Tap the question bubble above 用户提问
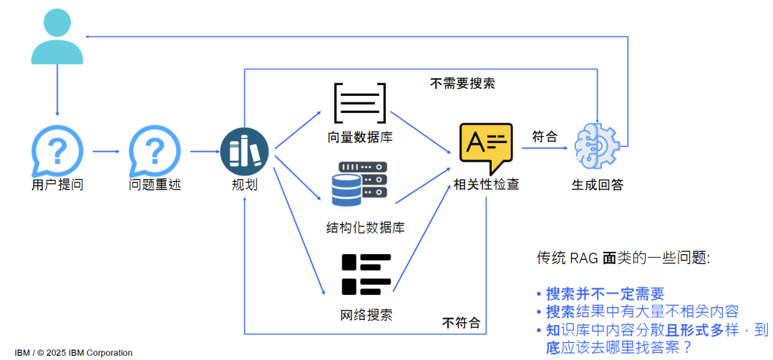tap(57, 151)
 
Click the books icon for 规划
tap(244, 151)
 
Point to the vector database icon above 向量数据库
tap(360, 103)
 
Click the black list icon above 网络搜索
tap(366, 274)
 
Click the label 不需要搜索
tap(462, 83)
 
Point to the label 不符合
tap(461, 322)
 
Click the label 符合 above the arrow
tap(545, 136)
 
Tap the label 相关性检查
tap(487, 185)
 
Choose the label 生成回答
tap(597, 185)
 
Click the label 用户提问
tap(57, 185)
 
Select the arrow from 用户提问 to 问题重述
tap(105, 151)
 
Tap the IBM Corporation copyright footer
tap(74, 352)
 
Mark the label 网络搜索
tap(366, 315)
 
